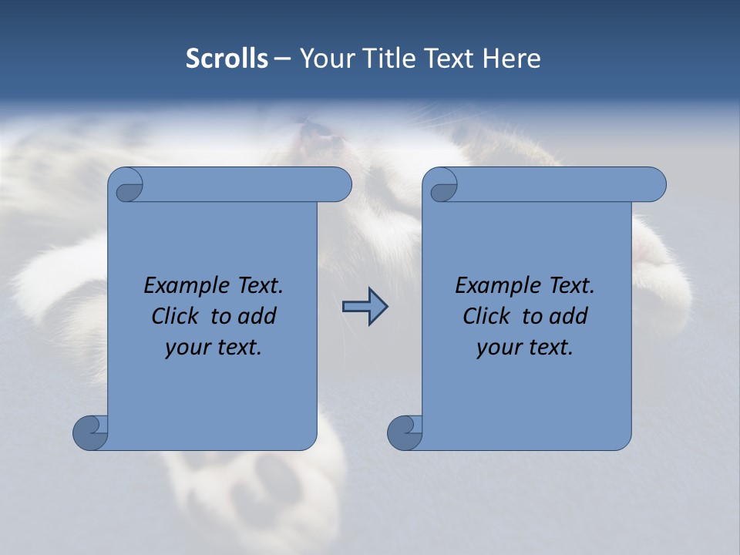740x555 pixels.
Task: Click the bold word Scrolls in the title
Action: click(227, 59)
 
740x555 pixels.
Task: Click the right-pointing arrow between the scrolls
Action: click(365, 307)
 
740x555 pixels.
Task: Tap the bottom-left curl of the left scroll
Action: click(89, 432)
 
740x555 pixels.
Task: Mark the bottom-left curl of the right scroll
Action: click(404, 432)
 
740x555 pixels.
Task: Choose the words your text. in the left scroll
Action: click(214, 348)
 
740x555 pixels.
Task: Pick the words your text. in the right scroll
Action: click(525, 348)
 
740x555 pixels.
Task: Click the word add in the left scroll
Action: click(258, 317)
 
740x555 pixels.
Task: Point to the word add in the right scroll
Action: click(570, 317)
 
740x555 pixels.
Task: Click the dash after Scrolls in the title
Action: click(282, 59)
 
